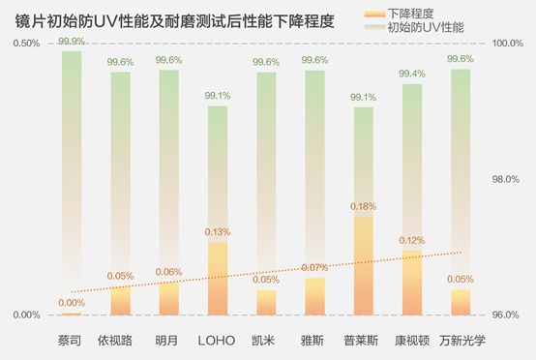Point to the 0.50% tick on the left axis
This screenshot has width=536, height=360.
coord(26,44)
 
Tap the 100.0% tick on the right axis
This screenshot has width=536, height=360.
coord(508,44)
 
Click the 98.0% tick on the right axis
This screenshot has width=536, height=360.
coord(508,180)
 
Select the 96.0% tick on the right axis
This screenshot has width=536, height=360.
coord(508,315)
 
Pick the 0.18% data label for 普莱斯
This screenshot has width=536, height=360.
coord(363,206)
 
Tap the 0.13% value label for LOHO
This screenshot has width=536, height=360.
coord(218,232)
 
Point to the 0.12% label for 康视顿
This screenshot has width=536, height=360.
coord(412,240)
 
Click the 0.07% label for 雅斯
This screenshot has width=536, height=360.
coord(314,267)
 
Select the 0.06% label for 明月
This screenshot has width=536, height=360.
coord(169,272)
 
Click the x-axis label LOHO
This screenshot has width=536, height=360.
coord(217,341)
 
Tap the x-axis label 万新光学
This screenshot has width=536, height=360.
coord(461,341)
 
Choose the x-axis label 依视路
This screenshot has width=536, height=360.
coord(120,341)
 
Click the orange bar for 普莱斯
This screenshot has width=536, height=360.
coord(363,266)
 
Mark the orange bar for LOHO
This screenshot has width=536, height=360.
coord(218,281)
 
